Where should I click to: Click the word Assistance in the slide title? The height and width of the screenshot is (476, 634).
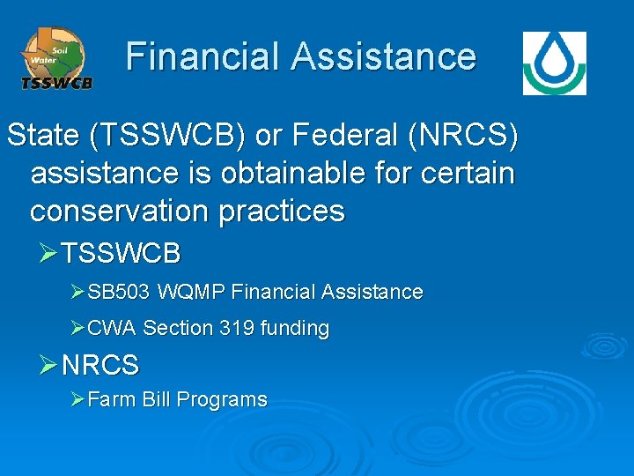click(x=384, y=56)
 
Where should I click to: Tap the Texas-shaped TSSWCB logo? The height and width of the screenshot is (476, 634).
click(x=55, y=58)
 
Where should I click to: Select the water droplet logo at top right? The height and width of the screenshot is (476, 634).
click(x=554, y=63)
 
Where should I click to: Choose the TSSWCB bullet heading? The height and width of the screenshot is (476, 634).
click(x=122, y=254)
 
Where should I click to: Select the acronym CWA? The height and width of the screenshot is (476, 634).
click(x=112, y=329)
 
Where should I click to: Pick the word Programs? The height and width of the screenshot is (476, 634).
click(x=222, y=399)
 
